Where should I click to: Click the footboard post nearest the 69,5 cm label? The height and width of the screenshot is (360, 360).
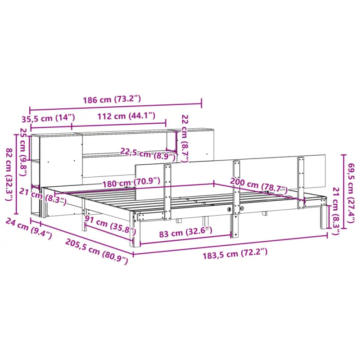click(x=300, y=182)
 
